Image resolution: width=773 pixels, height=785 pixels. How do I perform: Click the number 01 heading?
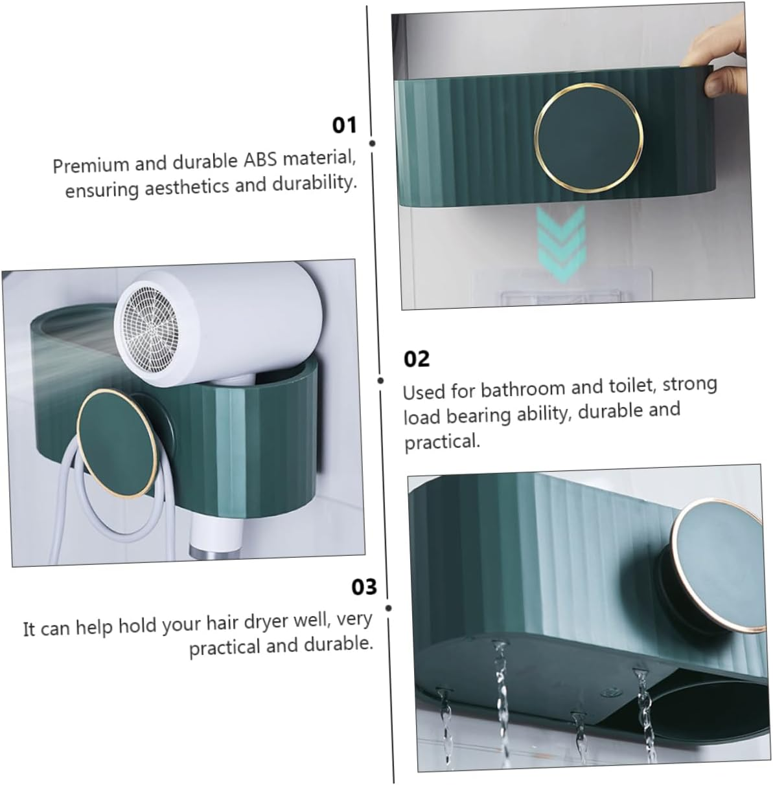click(x=344, y=124)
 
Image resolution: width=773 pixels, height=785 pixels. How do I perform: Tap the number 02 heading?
click(x=417, y=359)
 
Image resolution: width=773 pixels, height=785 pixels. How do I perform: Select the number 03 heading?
click(x=363, y=587)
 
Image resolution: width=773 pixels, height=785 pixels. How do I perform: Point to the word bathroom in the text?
click(x=514, y=389)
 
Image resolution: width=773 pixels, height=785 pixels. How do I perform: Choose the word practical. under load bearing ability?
click(x=442, y=442)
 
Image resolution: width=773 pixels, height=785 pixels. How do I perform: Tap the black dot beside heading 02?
click(x=380, y=381)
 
